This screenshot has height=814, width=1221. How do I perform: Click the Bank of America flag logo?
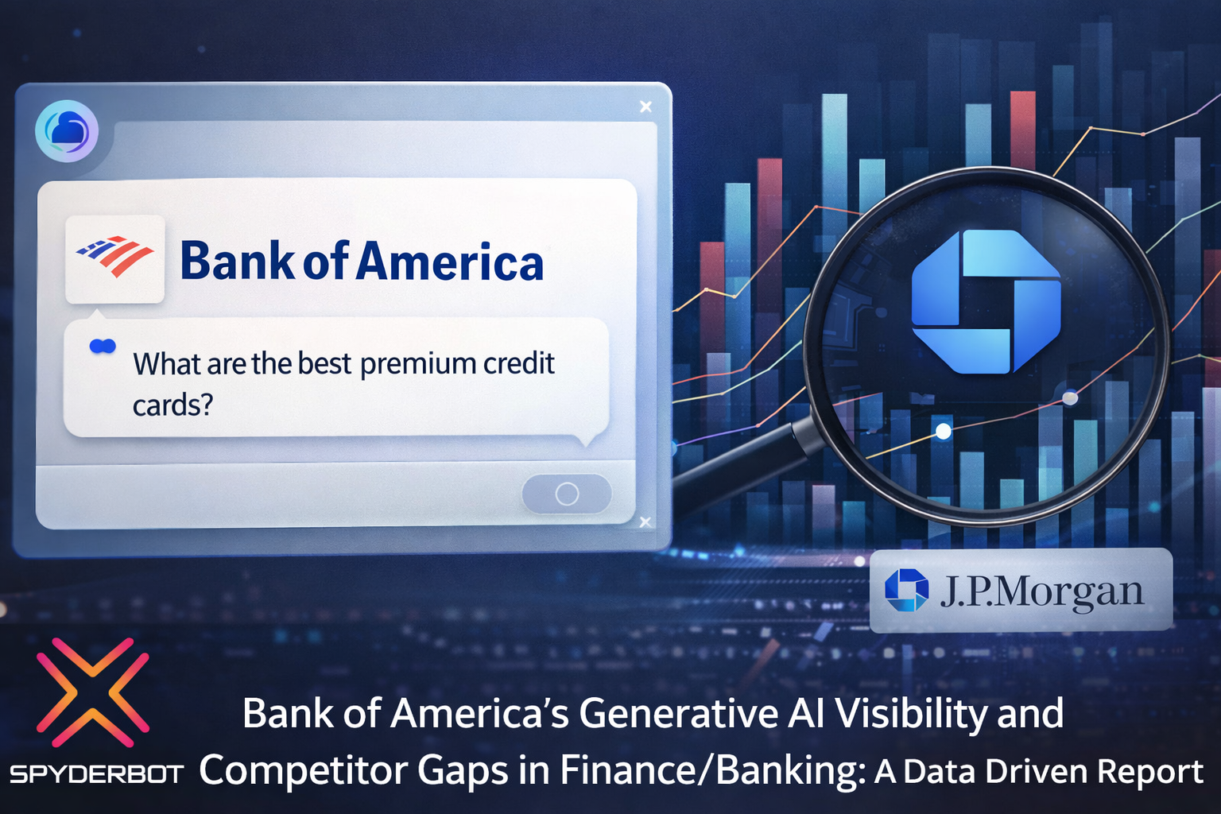114,257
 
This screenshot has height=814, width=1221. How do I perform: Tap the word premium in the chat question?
417,363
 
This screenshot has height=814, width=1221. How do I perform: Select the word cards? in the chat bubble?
172,405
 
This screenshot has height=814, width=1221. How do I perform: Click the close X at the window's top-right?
645,107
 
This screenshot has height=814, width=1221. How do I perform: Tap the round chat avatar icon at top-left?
67,131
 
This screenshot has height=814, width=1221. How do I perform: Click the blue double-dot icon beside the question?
103,346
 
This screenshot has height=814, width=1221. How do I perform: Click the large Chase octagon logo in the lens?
986,301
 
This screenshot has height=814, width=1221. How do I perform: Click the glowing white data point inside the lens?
943,431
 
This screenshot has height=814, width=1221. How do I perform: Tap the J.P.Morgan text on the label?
1041,591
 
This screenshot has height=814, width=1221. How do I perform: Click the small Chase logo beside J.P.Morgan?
906,591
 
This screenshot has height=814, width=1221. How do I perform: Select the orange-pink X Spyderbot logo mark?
92,692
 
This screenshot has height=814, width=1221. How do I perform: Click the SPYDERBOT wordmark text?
96,773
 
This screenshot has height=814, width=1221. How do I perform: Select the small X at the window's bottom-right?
645,521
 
